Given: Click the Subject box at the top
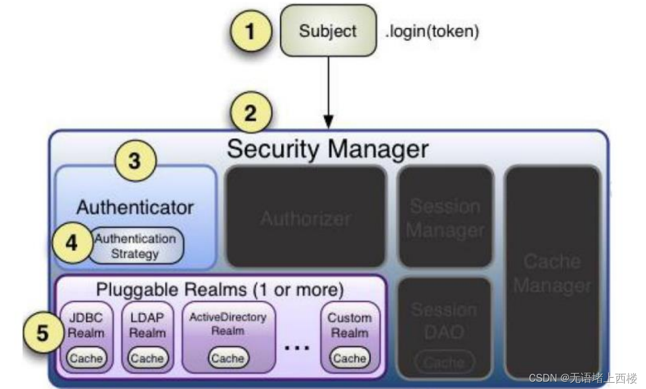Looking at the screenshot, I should [328, 30].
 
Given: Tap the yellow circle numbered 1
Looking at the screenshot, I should [250, 31].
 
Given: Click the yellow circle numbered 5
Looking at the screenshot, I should [43, 333].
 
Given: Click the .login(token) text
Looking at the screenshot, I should [432, 31].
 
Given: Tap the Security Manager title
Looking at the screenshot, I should [328, 149].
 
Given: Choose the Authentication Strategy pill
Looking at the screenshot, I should [135, 246].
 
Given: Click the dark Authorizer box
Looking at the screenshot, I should [306, 216].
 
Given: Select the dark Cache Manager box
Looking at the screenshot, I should [552, 273].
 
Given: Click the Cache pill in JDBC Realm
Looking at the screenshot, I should [86, 358].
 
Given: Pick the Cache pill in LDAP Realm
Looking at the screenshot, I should [147, 358].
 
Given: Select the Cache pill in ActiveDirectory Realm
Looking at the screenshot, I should [228, 358].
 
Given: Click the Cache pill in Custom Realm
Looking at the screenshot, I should [349, 358].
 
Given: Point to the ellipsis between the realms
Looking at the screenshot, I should [297, 348].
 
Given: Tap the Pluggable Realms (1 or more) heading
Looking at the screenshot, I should [219, 290].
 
